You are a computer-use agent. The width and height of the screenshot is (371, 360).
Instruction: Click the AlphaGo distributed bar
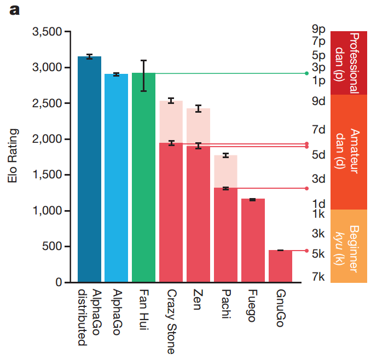click(x=89, y=170)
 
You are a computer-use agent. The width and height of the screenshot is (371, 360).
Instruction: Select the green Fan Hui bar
click(x=143, y=178)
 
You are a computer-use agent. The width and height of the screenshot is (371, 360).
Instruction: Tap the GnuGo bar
click(x=280, y=266)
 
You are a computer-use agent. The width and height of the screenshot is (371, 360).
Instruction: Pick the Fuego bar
click(x=253, y=241)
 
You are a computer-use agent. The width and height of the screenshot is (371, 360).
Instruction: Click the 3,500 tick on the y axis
click(x=48, y=32)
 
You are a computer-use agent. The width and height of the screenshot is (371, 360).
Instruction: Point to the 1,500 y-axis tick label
click(x=48, y=175)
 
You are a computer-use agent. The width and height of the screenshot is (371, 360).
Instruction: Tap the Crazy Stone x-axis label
click(x=171, y=314)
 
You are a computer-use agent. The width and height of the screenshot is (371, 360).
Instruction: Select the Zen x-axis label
click(x=198, y=299)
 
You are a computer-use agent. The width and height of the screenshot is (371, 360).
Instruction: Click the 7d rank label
click(x=318, y=130)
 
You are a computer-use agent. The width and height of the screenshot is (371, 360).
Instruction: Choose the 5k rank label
click(x=318, y=254)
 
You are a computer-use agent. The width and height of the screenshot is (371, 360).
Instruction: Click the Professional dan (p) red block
click(x=348, y=62)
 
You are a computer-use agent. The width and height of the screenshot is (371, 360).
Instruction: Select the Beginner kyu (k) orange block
click(x=348, y=246)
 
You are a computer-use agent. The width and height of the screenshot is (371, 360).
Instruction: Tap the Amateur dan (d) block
click(x=348, y=152)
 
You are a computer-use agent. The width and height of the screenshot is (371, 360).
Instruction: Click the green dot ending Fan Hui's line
click(x=306, y=73)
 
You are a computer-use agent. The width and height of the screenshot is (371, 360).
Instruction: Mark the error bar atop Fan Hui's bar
click(x=143, y=76)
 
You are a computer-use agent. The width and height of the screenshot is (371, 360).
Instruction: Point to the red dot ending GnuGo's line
click(x=306, y=251)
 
